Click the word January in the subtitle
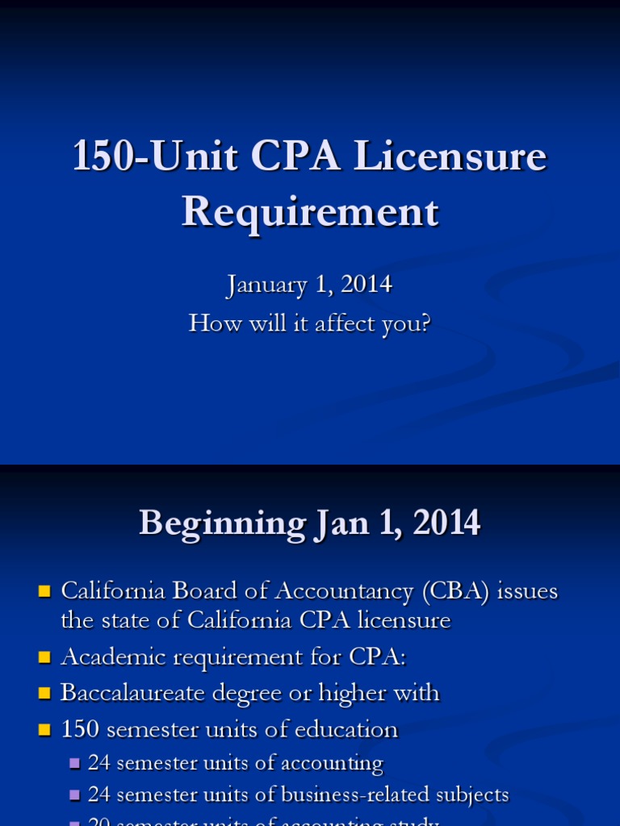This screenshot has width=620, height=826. (266, 285)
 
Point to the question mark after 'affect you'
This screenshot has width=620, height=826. (425, 323)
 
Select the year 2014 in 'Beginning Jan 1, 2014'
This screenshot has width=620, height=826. (446, 524)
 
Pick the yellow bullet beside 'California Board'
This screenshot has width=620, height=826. (44, 591)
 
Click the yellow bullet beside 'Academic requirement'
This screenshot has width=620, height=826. (44, 657)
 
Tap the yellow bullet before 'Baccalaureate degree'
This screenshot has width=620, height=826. (44, 694)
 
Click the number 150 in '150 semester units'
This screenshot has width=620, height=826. (80, 730)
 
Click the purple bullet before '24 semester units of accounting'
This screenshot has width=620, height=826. (75, 763)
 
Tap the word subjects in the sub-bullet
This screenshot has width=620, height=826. (479, 795)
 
